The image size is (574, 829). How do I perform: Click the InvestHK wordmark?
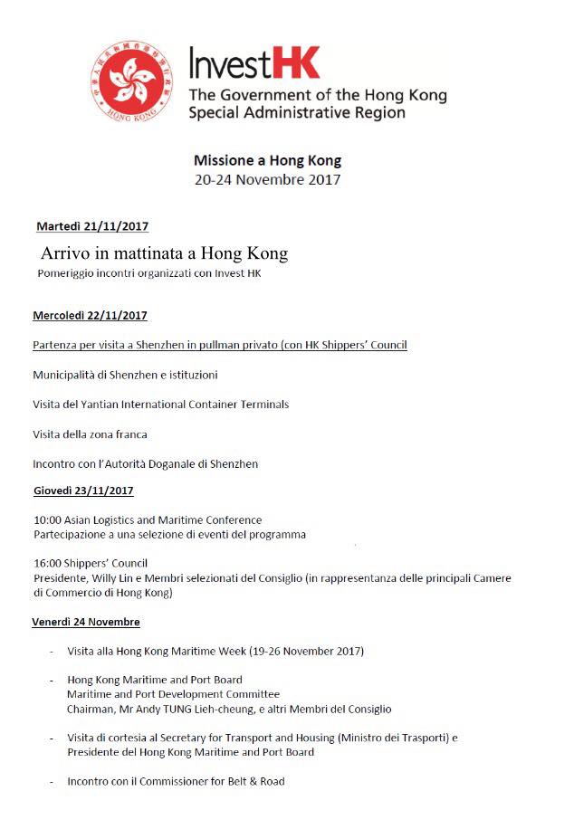(x=254, y=64)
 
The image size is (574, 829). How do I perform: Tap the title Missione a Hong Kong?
(x=267, y=160)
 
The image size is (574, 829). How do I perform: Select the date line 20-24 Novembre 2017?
(x=267, y=179)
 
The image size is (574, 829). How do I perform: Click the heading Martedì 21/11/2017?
(x=92, y=226)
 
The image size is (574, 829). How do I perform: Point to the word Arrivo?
(x=66, y=253)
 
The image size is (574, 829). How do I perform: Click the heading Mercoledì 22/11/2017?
(x=90, y=316)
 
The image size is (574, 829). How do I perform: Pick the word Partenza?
(x=56, y=346)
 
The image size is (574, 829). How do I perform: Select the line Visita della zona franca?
(x=90, y=434)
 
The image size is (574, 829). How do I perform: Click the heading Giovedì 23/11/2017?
(x=82, y=491)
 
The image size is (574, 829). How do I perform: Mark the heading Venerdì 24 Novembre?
(x=86, y=623)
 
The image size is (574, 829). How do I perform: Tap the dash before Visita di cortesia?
(x=52, y=738)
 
